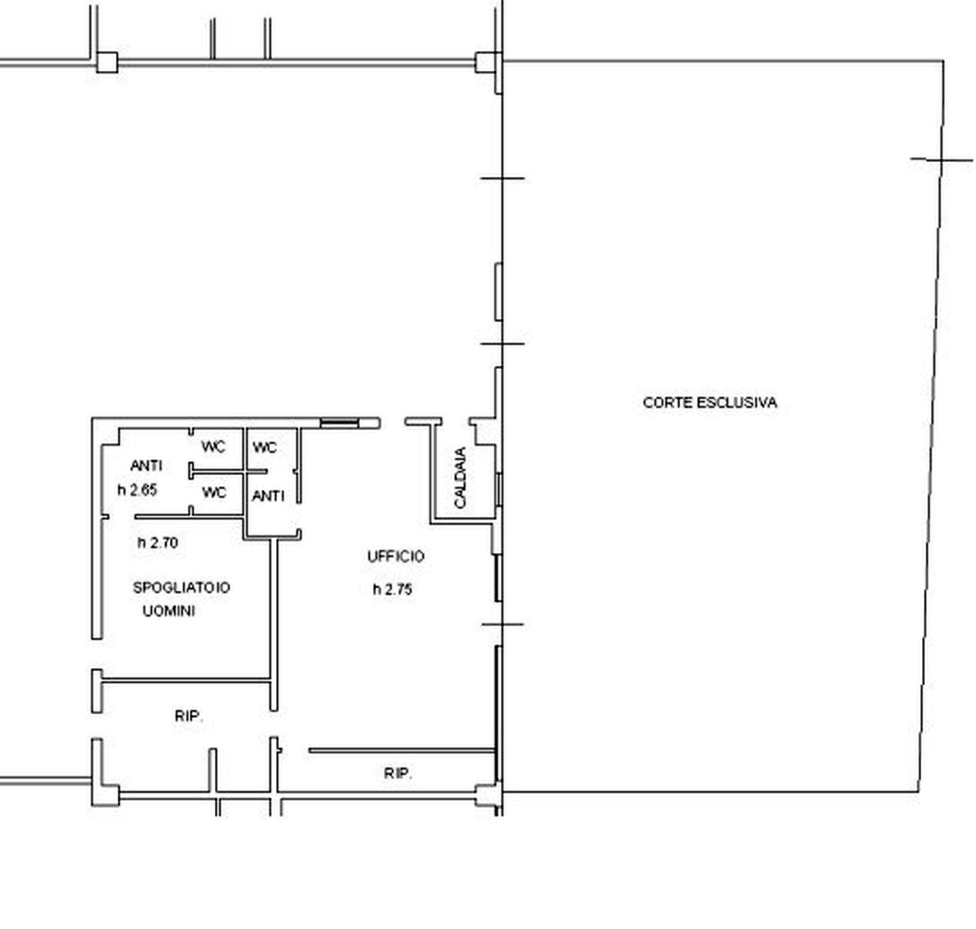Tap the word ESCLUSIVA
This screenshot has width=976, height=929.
(x=737, y=403)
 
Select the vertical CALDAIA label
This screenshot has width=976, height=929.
(x=460, y=477)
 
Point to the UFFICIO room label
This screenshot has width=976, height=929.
(x=396, y=557)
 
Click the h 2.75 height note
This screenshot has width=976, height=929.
(x=393, y=589)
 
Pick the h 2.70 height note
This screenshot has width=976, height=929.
(x=158, y=543)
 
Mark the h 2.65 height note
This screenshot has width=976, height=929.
(x=137, y=490)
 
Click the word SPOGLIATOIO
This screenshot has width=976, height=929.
(x=181, y=587)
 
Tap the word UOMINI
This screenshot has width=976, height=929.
(x=169, y=611)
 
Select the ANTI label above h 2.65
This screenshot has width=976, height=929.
(x=146, y=465)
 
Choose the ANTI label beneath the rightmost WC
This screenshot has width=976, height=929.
(x=268, y=495)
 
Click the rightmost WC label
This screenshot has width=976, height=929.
(x=265, y=447)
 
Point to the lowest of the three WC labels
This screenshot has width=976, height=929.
(x=214, y=492)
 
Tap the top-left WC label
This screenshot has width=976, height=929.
(x=213, y=446)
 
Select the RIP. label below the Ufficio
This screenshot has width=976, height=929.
(x=398, y=773)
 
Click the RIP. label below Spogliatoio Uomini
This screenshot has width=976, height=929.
(x=189, y=716)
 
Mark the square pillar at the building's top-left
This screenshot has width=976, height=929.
(x=107, y=62)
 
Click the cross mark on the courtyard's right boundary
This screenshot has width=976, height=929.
(x=941, y=160)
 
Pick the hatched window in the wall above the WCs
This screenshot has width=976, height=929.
(x=339, y=423)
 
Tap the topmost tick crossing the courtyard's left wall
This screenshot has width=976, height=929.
(x=503, y=178)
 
